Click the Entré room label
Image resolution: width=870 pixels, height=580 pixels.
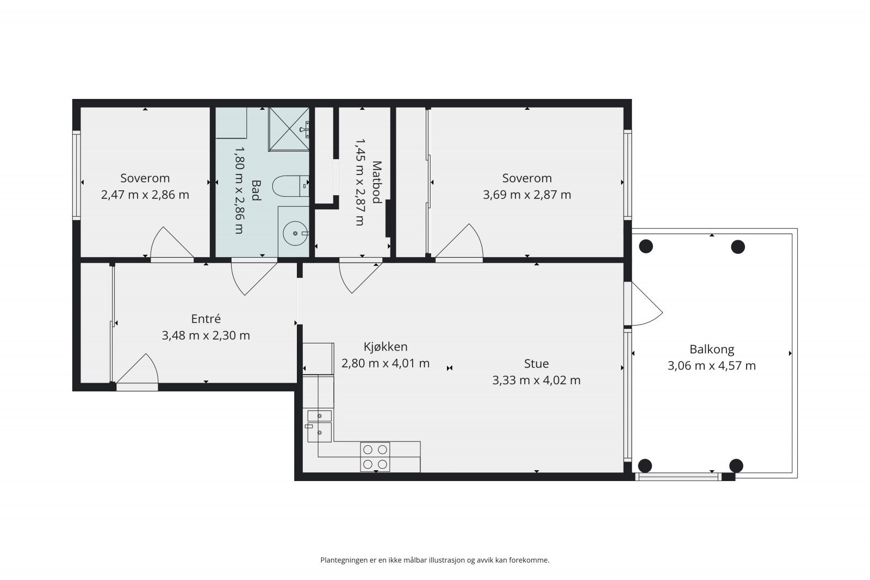[206, 319]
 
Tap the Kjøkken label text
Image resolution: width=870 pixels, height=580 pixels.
[386, 347]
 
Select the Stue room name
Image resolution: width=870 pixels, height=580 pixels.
[536, 364]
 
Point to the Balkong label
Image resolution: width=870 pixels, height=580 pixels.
[712, 350]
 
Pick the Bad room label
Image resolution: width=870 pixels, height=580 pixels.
[256, 190]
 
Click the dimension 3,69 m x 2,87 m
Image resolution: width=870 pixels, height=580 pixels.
[527, 195]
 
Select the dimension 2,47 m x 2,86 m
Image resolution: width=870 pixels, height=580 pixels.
[145, 195]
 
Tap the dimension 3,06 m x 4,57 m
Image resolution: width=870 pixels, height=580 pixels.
[712, 366]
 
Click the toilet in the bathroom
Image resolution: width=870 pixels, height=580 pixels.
[290, 186]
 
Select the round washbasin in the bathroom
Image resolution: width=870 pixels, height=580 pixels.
[296, 233]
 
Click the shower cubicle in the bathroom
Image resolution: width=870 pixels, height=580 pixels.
[289, 129]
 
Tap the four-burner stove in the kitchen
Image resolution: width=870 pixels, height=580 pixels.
[375, 457]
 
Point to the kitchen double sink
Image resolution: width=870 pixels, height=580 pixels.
[319, 426]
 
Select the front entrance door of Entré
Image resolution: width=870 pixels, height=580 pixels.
[137, 372]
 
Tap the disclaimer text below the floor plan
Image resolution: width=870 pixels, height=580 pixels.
[434, 560]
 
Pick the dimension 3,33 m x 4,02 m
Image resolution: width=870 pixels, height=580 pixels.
[536, 380]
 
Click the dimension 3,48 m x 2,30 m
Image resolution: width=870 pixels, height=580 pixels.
[206, 335]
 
